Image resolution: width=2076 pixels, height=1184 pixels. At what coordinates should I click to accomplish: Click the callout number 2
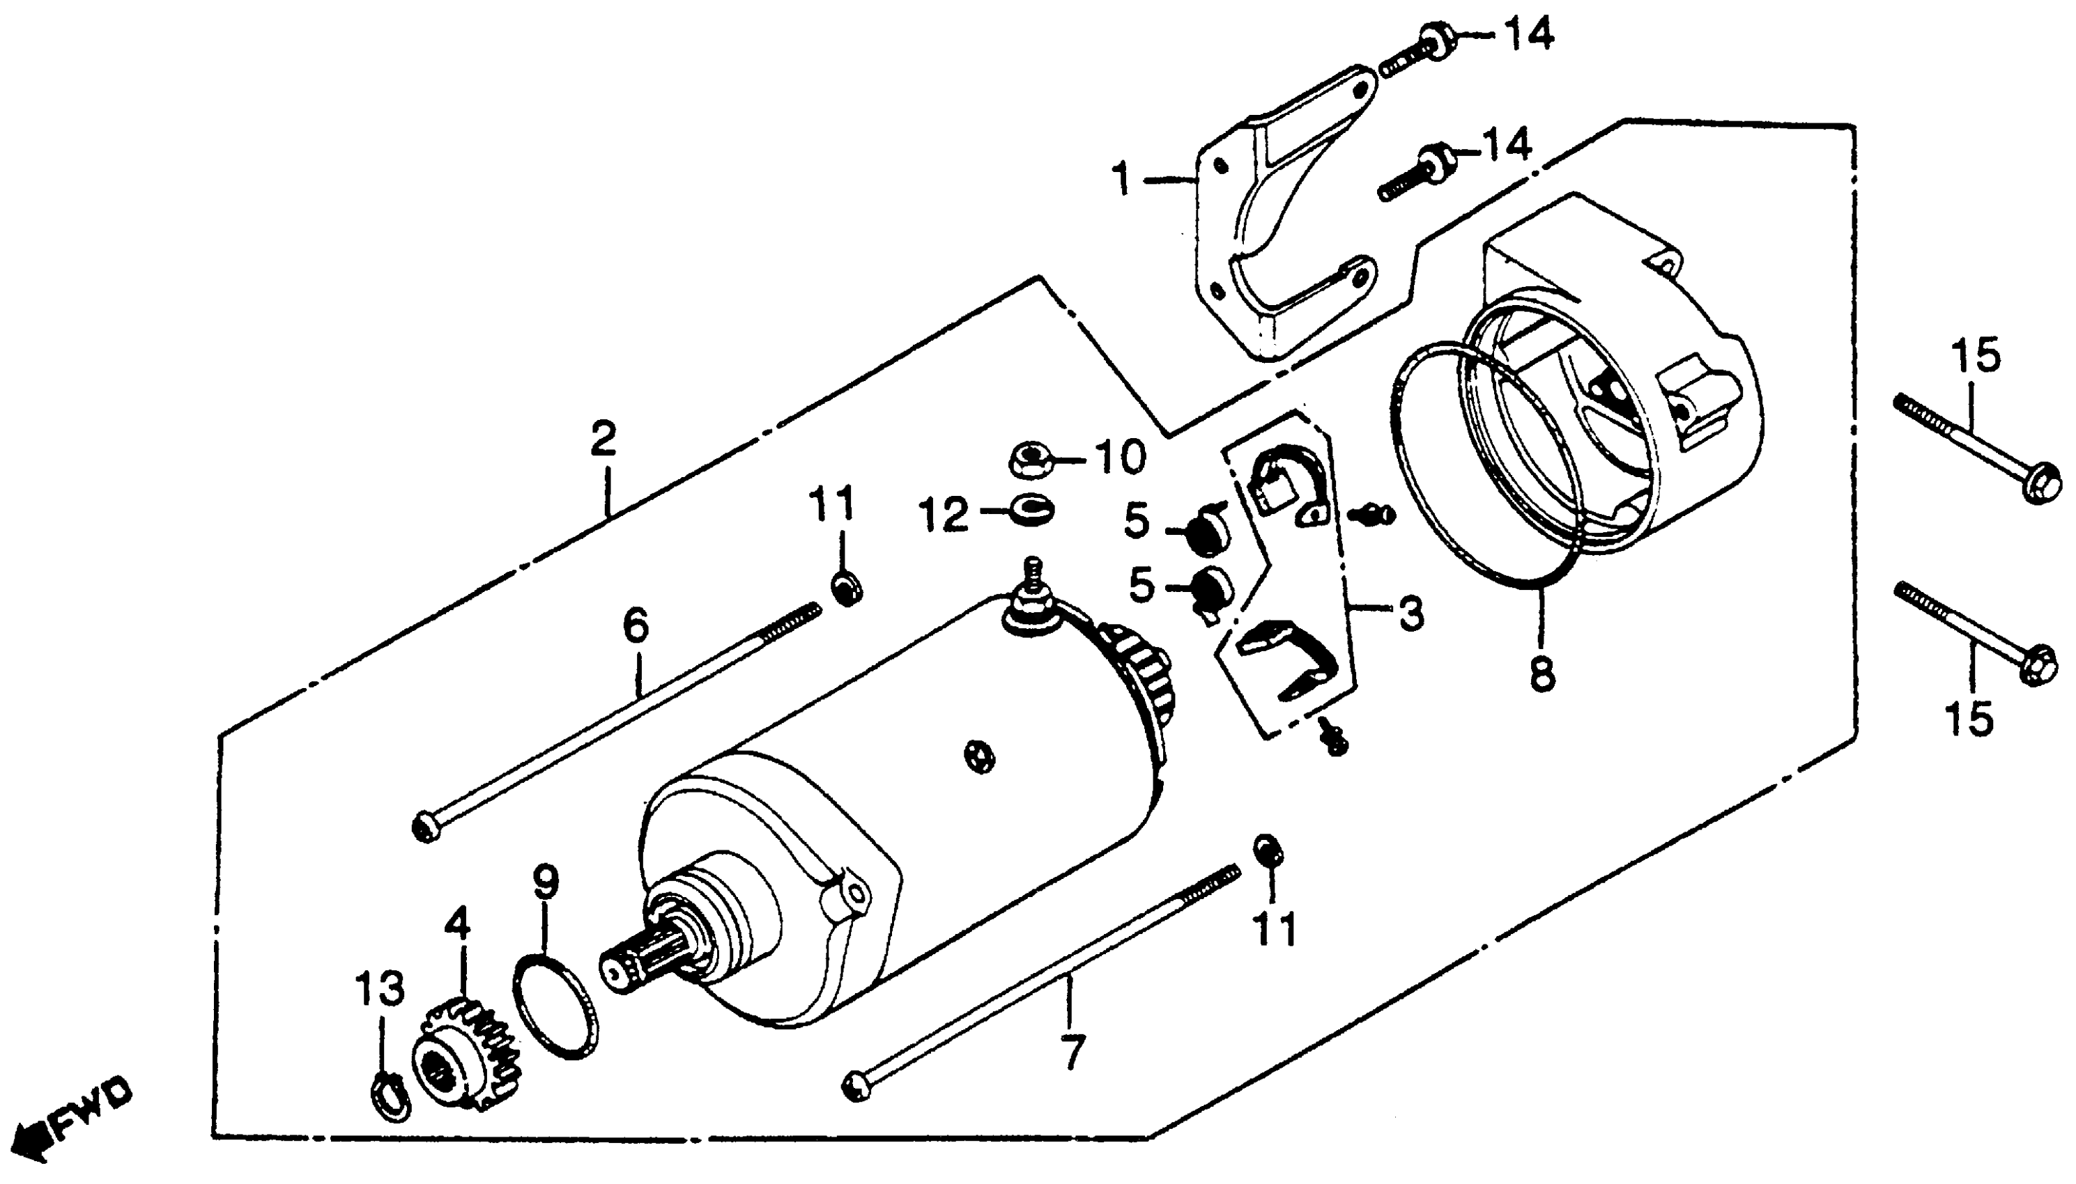point(603,440)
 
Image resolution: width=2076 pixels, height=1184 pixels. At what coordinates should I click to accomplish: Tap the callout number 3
point(1411,612)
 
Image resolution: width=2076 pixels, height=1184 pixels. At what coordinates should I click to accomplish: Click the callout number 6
point(636,625)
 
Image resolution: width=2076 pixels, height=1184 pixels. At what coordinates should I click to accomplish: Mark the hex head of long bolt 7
point(857,1086)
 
